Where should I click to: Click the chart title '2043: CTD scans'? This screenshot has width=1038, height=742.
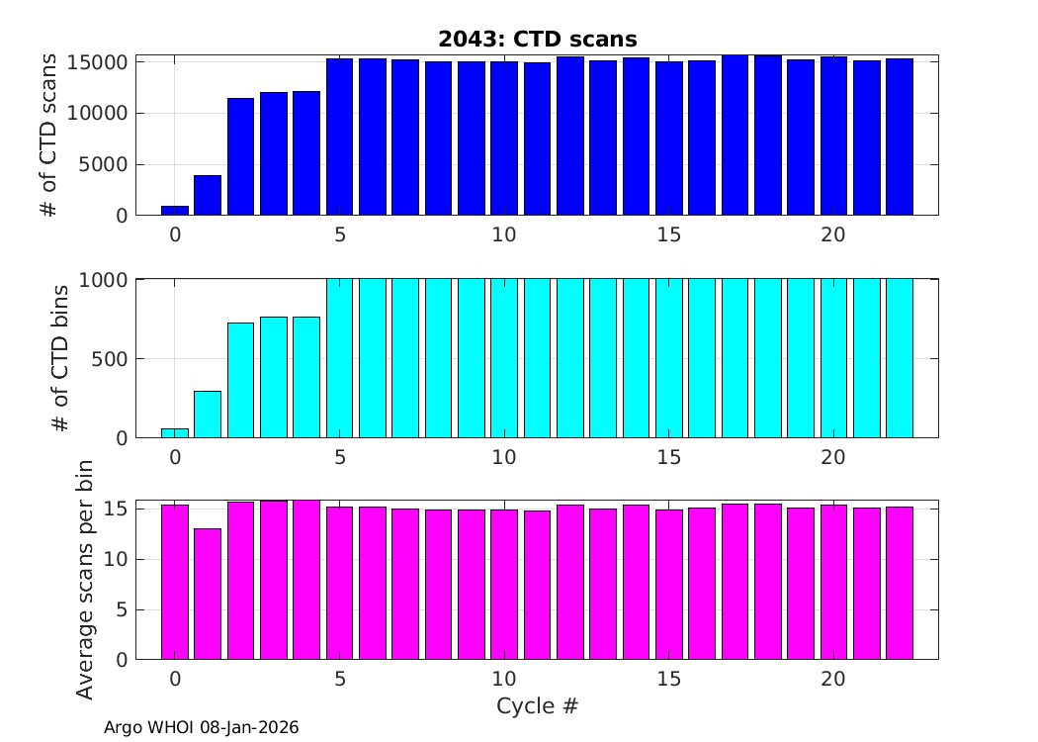click(x=538, y=39)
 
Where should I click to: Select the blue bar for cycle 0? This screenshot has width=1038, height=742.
click(x=175, y=211)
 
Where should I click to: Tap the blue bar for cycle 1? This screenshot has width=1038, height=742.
click(x=208, y=196)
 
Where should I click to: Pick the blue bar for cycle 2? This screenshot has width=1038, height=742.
click(x=240, y=157)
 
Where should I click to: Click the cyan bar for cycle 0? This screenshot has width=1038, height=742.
click(x=175, y=433)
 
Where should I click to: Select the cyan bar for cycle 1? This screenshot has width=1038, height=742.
click(x=208, y=415)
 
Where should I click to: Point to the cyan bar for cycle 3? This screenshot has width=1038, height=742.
click(x=274, y=378)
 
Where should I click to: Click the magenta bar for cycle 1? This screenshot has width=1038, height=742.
click(x=208, y=594)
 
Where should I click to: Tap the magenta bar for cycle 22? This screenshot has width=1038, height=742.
click(x=900, y=584)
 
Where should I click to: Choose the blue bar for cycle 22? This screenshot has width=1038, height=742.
click(x=900, y=138)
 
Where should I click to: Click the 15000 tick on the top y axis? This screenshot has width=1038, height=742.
click(x=99, y=62)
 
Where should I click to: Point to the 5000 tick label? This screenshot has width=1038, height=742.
click(x=105, y=164)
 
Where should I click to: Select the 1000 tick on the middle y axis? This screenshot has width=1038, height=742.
click(x=105, y=280)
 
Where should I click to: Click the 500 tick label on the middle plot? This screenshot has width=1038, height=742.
click(x=111, y=359)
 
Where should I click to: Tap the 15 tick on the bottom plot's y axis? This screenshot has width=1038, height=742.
click(x=117, y=509)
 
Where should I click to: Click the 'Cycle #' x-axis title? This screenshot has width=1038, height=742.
click(x=537, y=706)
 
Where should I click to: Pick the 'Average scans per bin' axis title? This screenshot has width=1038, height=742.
click(x=85, y=580)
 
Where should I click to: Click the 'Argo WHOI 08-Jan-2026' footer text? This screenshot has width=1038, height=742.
click(x=201, y=727)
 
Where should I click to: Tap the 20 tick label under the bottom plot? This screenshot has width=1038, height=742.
click(x=833, y=680)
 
